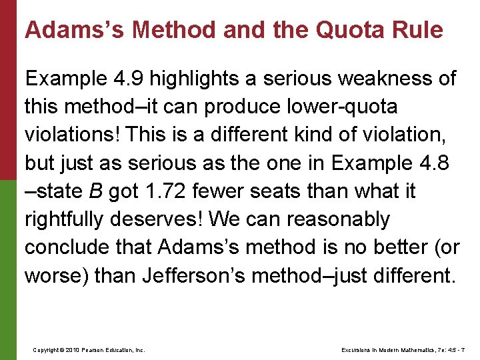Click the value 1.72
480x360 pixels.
pyautogui.click(x=163, y=191)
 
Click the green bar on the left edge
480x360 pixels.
pyautogui.click(x=7, y=267)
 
